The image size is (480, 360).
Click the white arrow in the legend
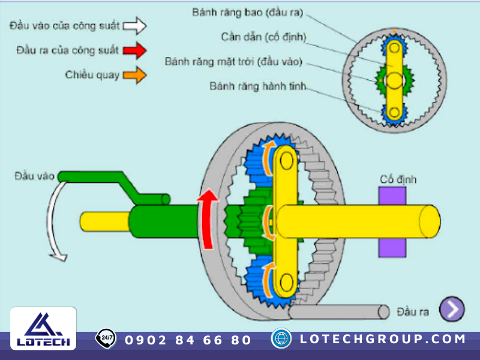[x=136, y=26]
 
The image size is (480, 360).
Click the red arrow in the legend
[x=136, y=50]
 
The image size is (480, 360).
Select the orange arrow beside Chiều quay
[x=136, y=75]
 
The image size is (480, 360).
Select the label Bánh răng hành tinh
[x=258, y=87]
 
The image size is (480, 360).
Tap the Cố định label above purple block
[x=398, y=179]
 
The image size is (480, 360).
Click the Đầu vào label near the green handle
[x=35, y=176]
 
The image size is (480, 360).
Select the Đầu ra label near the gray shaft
[x=413, y=312]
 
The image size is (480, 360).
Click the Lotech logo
[x=43, y=329]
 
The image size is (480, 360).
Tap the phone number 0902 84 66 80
[x=188, y=340]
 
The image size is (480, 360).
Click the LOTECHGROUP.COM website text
[x=383, y=339]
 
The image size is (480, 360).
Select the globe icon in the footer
[x=281, y=338]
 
